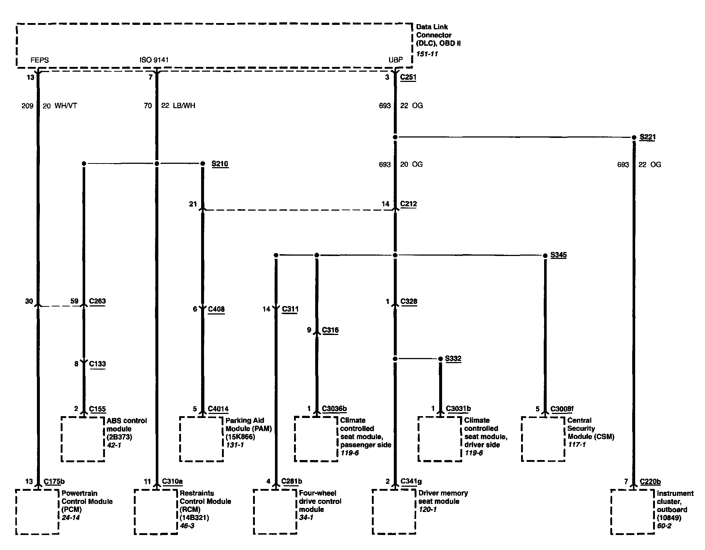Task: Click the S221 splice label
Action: pos(647,137)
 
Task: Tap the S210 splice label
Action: pos(220,163)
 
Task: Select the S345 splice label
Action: pos(558,255)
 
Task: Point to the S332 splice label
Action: pos(453,359)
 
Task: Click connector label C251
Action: pos(408,77)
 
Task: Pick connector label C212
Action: pos(408,204)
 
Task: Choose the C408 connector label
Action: pos(216,309)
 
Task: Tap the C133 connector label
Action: pos(97,364)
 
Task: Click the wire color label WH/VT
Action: pos(66,106)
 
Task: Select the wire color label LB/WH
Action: pos(184,106)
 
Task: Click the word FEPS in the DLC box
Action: pos(39,60)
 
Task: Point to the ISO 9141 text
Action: pos(154,60)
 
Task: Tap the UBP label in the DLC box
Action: pos(396,60)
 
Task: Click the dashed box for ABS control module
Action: pos(83,439)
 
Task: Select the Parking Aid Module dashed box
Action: pos(201,439)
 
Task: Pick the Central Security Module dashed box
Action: pos(543,439)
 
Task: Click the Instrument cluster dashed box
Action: pos(632,512)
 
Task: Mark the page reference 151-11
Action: pos(427,54)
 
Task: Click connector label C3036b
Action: pos(334,409)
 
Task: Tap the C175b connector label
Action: pos(54,482)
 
